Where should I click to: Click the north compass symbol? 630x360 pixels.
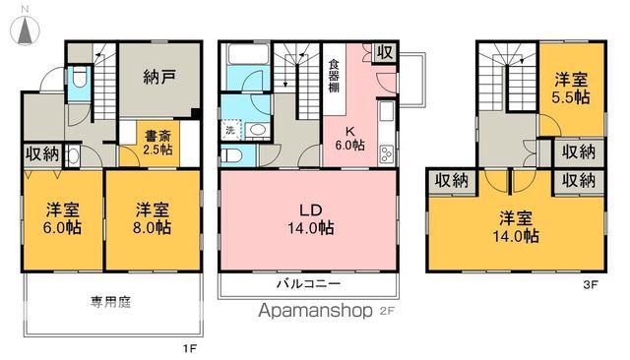coord(23,30)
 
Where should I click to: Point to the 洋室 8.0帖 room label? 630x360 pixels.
coord(151,218)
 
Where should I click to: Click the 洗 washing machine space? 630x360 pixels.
coord(229,130)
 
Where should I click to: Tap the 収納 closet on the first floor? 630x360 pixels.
coord(42,153)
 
